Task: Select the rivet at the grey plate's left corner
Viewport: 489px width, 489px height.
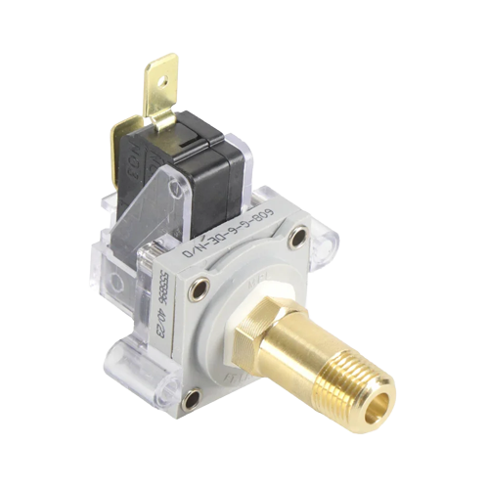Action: pyautogui.click(x=199, y=287)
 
